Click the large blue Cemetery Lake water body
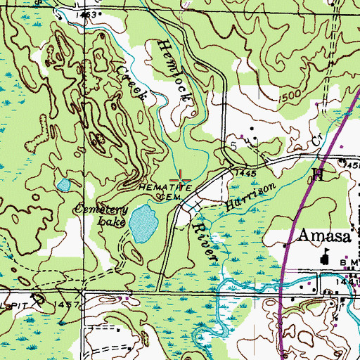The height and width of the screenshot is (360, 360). (x=145, y=222)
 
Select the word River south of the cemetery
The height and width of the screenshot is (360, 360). (x=204, y=243)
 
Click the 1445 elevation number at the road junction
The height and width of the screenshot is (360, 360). (x=246, y=172)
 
